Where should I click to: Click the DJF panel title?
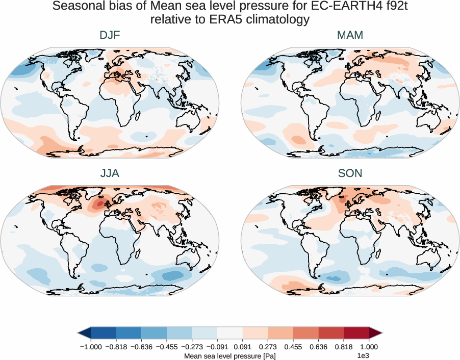tap(110, 35)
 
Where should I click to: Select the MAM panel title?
tap(350, 35)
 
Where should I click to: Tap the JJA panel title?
tap(110, 173)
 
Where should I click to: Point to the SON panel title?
tap(350, 173)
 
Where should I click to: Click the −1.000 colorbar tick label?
tap(90, 347)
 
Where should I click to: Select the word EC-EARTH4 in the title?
tap(323, 7)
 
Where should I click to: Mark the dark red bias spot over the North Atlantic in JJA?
tap(97, 205)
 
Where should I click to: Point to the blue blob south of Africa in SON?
tap(334, 278)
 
